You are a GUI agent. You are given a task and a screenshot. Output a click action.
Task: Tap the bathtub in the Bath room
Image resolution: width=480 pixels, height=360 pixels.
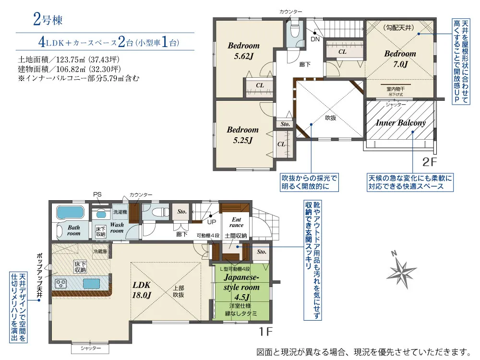pos(70,212)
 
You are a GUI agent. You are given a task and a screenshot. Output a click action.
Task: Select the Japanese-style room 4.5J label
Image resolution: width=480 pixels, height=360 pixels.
pos(241,287)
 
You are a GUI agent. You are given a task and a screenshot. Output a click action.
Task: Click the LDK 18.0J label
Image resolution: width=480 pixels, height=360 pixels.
pos(142,289)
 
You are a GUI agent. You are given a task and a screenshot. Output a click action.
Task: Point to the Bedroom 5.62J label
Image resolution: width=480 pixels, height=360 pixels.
pos(244,51)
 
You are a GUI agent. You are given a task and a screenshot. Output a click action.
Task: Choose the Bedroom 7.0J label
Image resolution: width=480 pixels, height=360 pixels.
pos(400,59)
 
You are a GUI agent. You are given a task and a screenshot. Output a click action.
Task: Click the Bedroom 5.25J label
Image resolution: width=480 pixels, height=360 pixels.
pos(243,135)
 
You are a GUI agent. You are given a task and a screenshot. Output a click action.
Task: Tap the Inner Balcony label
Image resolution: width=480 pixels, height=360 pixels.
pos(401,123)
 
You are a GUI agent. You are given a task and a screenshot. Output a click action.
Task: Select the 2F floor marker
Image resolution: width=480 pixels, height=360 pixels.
pos(430,162)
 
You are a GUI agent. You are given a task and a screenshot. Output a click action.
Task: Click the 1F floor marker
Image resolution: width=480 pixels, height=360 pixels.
pos(265,332)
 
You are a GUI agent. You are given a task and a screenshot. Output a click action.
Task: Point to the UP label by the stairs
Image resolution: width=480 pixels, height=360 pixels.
pos(212,222)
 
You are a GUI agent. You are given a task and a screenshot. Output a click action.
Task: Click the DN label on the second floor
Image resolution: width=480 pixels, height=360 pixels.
pos(315,39)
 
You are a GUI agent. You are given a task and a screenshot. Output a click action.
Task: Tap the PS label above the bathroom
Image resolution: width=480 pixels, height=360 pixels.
pos(97,194)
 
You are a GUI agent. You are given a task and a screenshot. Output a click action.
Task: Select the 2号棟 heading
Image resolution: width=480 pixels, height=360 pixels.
pos(48,20)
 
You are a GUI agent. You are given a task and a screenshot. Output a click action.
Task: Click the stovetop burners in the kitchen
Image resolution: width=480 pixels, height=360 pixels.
pos(61,284)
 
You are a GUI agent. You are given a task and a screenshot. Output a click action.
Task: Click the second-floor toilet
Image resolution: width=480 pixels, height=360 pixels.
pos(295,29)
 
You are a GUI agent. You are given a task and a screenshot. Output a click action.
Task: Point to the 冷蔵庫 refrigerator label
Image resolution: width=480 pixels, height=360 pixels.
pos(100,252)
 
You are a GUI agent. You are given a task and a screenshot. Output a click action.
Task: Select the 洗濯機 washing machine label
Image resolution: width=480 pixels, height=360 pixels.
pos(120,212)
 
